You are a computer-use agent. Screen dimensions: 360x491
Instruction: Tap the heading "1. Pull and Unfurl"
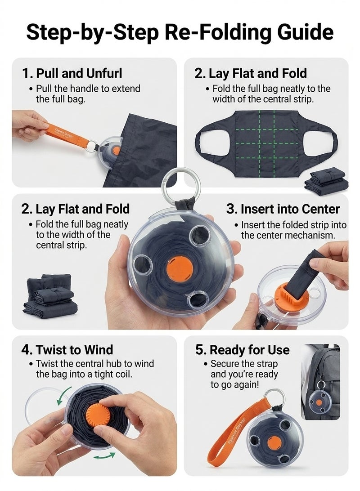point(72,73)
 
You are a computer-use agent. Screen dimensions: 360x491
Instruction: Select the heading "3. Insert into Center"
point(283,209)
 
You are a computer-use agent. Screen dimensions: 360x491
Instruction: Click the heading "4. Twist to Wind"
point(67,350)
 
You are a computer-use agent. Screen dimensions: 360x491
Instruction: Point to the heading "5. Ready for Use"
point(242,350)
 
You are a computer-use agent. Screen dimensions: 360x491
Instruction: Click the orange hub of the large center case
point(180,269)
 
